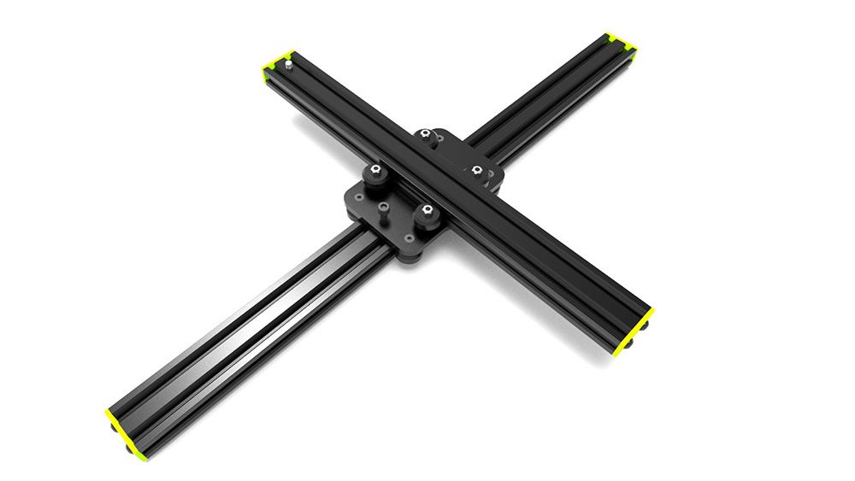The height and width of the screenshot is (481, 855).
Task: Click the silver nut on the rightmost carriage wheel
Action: (476, 170)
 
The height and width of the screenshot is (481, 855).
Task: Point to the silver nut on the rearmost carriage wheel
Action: (425, 134)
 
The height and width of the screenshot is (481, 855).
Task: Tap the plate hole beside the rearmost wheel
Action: (439, 137)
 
